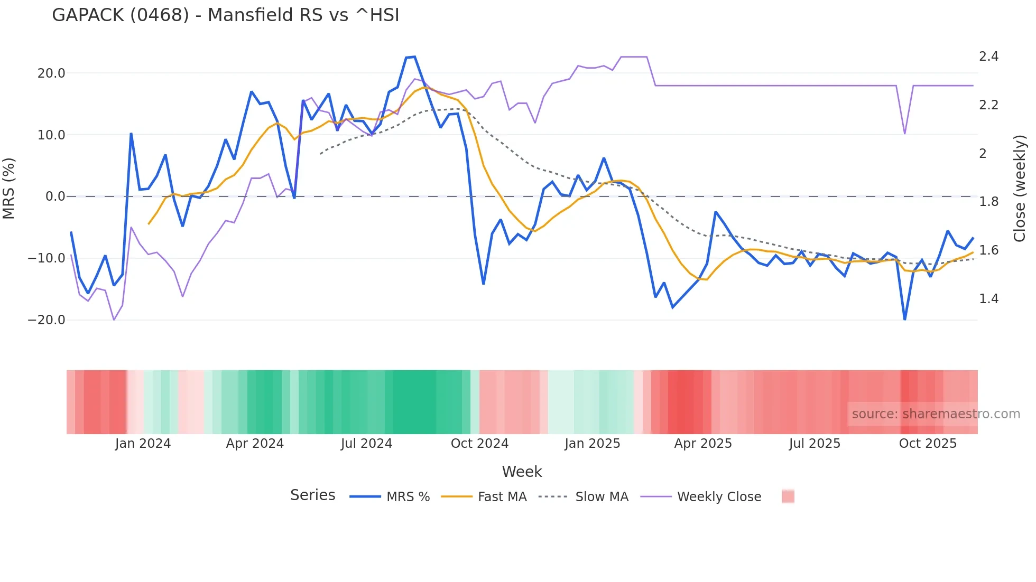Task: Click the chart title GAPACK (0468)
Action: [225, 15]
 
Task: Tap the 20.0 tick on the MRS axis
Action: [51, 73]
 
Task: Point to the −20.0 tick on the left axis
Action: [47, 320]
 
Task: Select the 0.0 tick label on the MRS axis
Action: [55, 196]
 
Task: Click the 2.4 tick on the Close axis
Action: [988, 57]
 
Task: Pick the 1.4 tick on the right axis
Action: [988, 299]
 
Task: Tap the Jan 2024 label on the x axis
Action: [143, 444]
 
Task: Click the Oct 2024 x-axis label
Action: [479, 444]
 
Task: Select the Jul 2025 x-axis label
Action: [815, 444]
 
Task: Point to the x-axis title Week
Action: [522, 472]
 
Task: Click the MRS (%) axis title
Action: [9, 189]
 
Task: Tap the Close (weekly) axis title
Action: [1020, 189]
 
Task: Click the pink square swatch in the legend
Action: [788, 496]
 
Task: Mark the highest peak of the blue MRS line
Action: [414, 57]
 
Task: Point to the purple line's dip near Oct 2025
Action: [905, 133]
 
